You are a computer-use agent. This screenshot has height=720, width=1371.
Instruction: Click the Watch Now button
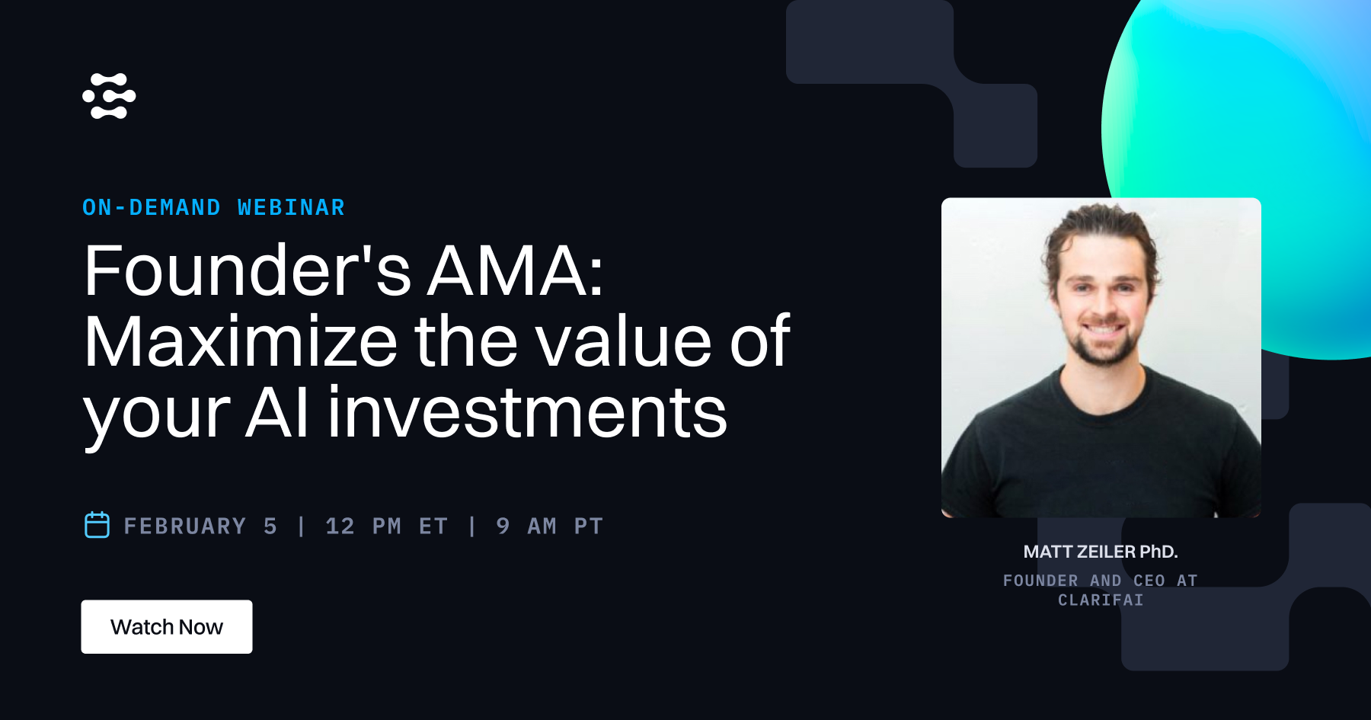click(167, 626)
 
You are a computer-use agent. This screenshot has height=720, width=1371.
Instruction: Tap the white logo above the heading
click(109, 96)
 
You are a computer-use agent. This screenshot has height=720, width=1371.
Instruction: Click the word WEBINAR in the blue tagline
click(291, 207)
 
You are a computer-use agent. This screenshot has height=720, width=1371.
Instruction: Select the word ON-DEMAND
click(152, 207)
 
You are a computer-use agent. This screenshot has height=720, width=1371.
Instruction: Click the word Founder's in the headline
click(248, 271)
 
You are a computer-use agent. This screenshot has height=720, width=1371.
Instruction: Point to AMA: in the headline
click(516, 271)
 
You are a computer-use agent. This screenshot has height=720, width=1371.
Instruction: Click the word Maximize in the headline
click(241, 342)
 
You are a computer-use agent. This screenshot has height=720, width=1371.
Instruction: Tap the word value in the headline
click(624, 342)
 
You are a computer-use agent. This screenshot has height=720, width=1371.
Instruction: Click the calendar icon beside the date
click(97, 525)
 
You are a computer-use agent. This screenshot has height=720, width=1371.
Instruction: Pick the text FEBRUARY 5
click(200, 526)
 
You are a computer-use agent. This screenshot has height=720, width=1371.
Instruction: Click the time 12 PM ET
click(386, 526)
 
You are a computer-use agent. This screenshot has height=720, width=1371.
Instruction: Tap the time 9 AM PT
click(549, 526)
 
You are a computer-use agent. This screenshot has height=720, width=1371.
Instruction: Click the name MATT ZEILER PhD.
click(1101, 552)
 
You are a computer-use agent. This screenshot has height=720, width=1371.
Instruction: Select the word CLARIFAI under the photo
click(1101, 600)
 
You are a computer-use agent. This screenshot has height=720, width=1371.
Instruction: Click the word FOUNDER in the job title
click(1040, 581)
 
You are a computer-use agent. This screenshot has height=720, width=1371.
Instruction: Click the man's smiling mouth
click(1102, 331)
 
